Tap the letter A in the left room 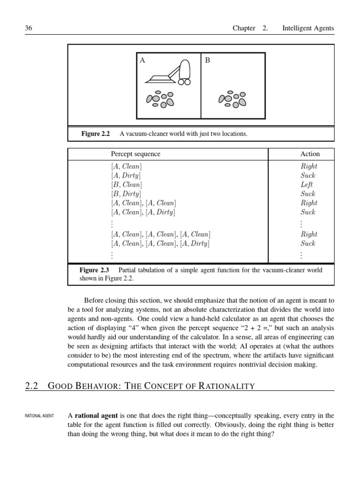point(142,60)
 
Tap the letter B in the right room point(207,60)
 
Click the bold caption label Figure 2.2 point(95,134)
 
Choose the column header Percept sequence point(135,154)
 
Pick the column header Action point(310,154)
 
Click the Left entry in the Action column point(307,185)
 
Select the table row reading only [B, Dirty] point(126,194)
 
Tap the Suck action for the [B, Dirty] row point(308,194)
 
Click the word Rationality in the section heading point(227,386)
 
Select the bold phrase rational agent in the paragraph point(97,416)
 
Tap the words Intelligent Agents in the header point(308,28)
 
